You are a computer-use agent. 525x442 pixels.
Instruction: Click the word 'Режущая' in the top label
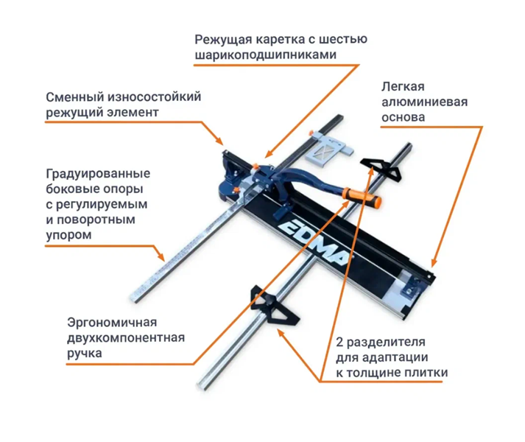(x=223, y=40)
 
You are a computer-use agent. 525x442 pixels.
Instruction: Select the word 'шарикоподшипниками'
(x=266, y=55)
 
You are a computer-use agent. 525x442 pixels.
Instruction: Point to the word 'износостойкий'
(x=155, y=97)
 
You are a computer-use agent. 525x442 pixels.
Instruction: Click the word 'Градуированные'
(x=98, y=174)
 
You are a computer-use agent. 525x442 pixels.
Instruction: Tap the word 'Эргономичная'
(x=112, y=323)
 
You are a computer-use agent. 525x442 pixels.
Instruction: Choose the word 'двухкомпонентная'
(x=126, y=338)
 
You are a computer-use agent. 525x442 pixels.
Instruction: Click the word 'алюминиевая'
(x=425, y=102)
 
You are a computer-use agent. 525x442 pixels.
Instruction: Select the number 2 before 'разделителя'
(x=339, y=343)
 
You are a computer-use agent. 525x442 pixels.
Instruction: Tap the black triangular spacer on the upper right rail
(x=381, y=165)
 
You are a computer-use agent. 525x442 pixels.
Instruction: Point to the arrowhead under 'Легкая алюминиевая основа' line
(x=434, y=263)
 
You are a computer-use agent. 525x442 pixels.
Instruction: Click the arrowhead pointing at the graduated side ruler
(x=161, y=256)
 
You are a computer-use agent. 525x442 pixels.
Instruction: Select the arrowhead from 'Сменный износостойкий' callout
(x=219, y=141)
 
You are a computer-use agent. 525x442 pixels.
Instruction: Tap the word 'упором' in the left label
(x=68, y=235)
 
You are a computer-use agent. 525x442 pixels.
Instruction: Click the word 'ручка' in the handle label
(x=85, y=354)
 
